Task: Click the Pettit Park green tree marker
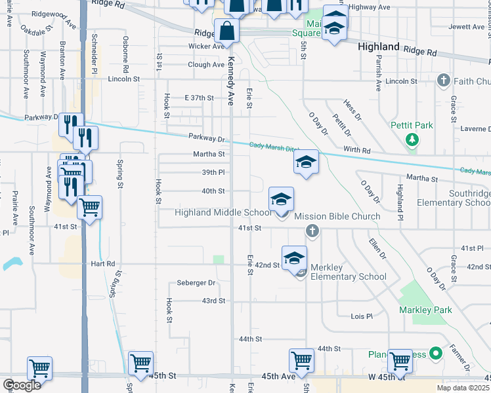pyautogui.click(x=412, y=140)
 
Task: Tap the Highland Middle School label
pyautogui.click(x=223, y=212)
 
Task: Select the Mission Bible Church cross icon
pyautogui.click(x=312, y=231)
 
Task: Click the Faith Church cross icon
pyautogui.click(x=443, y=81)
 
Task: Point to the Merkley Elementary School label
pyautogui.click(x=349, y=276)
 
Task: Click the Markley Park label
pyautogui.click(x=422, y=309)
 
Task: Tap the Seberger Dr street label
pyautogui.click(x=196, y=283)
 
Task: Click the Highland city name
pyautogui.click(x=379, y=47)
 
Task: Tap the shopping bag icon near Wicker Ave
pyautogui.click(x=226, y=31)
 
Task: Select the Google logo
pyautogui.click(x=22, y=385)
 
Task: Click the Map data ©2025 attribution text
pyautogui.click(x=463, y=388)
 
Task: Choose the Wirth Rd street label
pyautogui.click(x=357, y=151)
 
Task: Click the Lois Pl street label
pyautogui.click(x=361, y=316)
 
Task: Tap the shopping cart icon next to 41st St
pyautogui.click(x=89, y=208)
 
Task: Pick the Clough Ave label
pyautogui.click(x=206, y=65)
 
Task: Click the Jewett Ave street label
pyautogui.click(x=466, y=28)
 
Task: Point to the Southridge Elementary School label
pyautogui.click(x=469, y=198)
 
